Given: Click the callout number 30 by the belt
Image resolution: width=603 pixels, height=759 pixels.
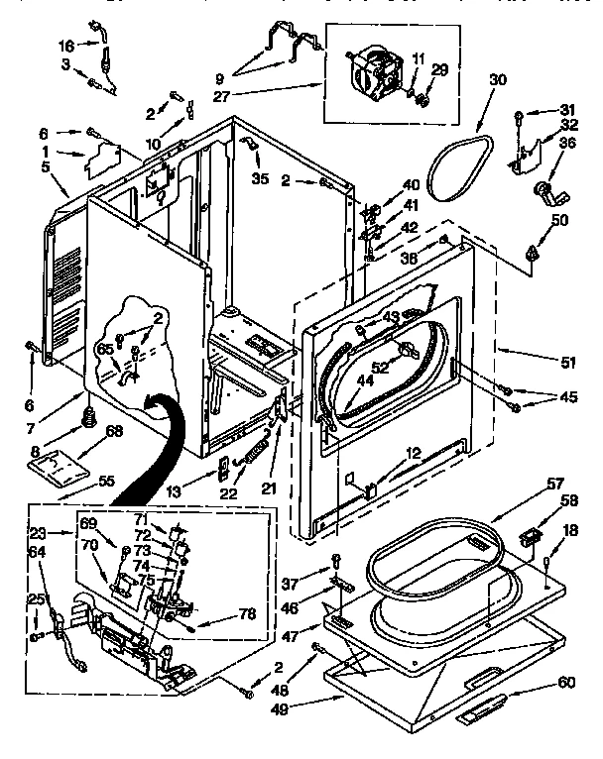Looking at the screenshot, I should click(497, 80).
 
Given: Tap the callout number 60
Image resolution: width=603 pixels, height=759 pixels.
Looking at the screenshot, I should click(566, 682).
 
